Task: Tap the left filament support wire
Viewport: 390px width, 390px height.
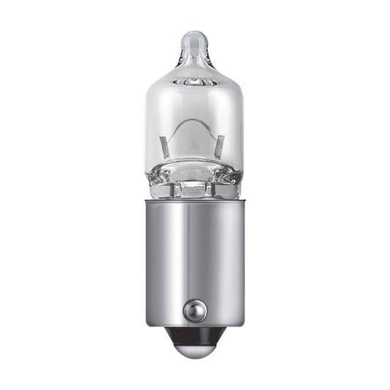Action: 164,146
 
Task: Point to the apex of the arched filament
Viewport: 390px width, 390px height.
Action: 192,120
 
